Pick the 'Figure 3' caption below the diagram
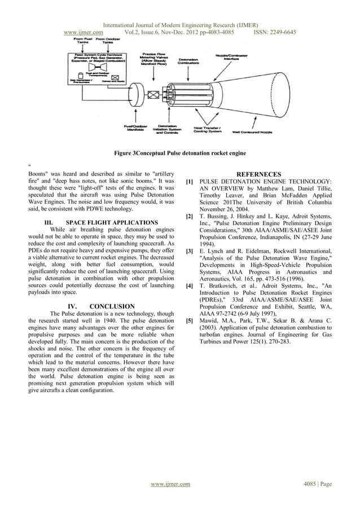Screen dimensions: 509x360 click(180, 153)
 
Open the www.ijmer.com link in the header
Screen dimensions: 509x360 click(84, 33)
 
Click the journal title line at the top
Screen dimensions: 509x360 click(180, 25)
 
